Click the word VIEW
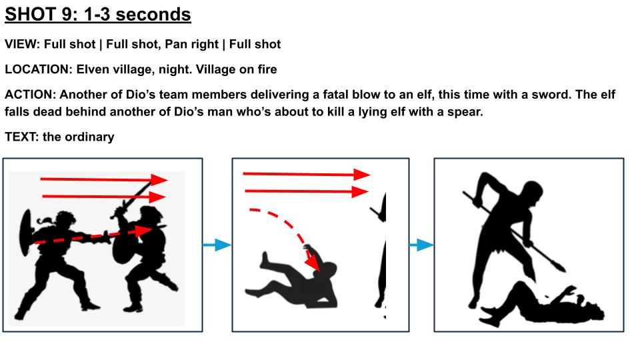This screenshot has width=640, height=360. [x=21, y=44]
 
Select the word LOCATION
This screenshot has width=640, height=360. [x=37, y=69]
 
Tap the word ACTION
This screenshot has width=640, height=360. [x=29, y=95]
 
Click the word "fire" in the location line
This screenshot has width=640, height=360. [x=267, y=69]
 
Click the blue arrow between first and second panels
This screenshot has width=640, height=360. [x=217, y=245]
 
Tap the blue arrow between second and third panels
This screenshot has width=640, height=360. [x=421, y=245]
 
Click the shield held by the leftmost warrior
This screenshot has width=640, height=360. [x=26, y=233]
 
